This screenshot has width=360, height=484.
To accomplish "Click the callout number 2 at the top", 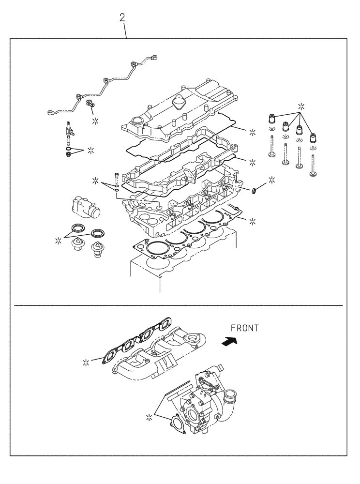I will [122, 18].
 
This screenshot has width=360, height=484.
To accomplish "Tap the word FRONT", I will [245, 328].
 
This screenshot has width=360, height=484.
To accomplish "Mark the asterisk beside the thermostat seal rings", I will [59, 239].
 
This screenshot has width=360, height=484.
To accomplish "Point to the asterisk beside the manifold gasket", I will [86, 362].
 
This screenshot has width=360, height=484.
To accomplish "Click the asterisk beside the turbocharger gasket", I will [150, 416].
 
